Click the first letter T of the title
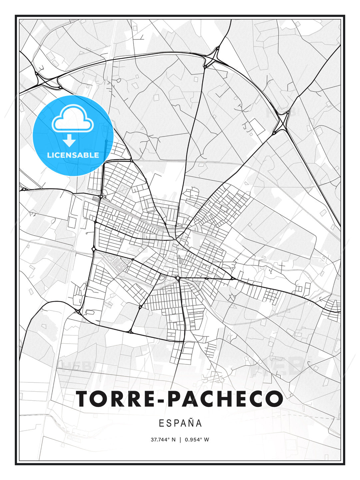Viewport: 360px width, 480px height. (84, 398)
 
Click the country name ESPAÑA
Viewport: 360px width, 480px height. (180, 423)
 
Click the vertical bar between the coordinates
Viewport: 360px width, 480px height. (180, 440)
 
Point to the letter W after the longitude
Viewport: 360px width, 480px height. (207, 440)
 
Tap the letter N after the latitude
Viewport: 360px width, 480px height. (173, 440)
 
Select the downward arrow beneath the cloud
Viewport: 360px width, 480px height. (69, 141)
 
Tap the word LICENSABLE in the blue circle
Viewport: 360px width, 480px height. (73, 155)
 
